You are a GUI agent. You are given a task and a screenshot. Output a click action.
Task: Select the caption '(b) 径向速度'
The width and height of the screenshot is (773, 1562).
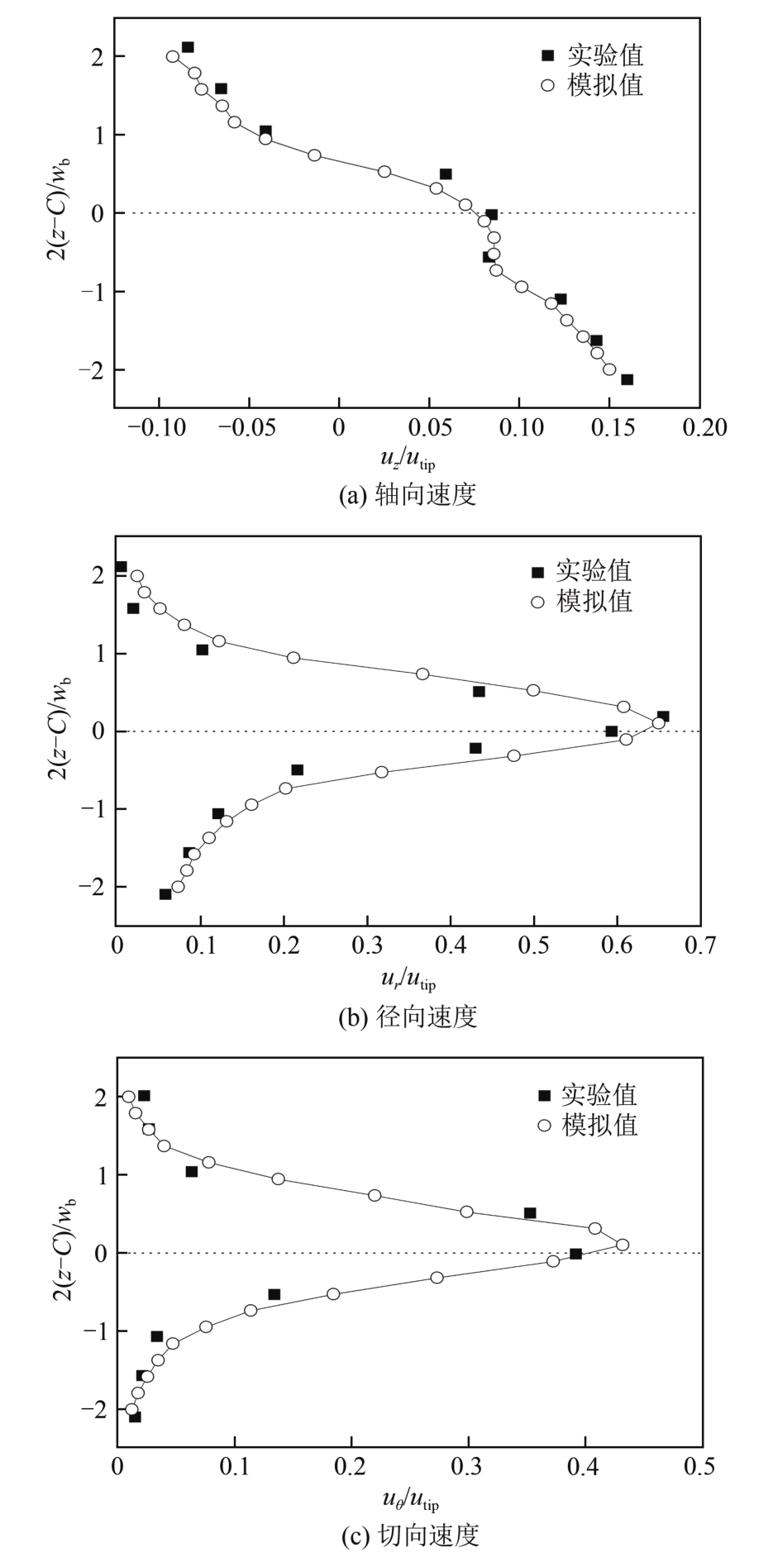click(x=408, y=1016)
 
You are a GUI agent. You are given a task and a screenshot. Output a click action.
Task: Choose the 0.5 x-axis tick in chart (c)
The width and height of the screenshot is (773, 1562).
click(x=701, y=1467)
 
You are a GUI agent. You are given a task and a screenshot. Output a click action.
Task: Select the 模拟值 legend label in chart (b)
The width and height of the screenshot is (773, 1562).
click(x=594, y=601)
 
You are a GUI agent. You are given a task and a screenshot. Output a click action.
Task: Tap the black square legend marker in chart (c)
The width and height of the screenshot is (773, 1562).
click(x=544, y=1096)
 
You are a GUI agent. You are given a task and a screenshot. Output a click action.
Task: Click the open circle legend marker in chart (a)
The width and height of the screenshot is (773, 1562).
click(x=546, y=85)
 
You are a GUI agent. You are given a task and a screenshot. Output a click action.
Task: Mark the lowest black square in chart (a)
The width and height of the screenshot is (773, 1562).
click(x=627, y=379)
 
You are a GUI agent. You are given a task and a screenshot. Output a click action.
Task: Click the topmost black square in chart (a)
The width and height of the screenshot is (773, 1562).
click(x=188, y=47)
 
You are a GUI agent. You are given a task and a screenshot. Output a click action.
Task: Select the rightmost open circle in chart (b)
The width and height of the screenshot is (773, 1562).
click(x=658, y=723)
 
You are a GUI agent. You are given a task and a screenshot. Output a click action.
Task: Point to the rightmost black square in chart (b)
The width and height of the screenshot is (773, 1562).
click(x=663, y=717)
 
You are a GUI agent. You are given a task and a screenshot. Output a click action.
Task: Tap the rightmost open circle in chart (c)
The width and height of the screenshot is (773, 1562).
click(x=623, y=1245)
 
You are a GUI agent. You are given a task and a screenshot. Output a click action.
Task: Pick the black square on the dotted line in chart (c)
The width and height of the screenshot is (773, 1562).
click(x=576, y=1254)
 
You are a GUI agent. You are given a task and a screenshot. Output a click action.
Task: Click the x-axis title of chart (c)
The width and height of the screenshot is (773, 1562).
click(x=409, y=1498)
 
